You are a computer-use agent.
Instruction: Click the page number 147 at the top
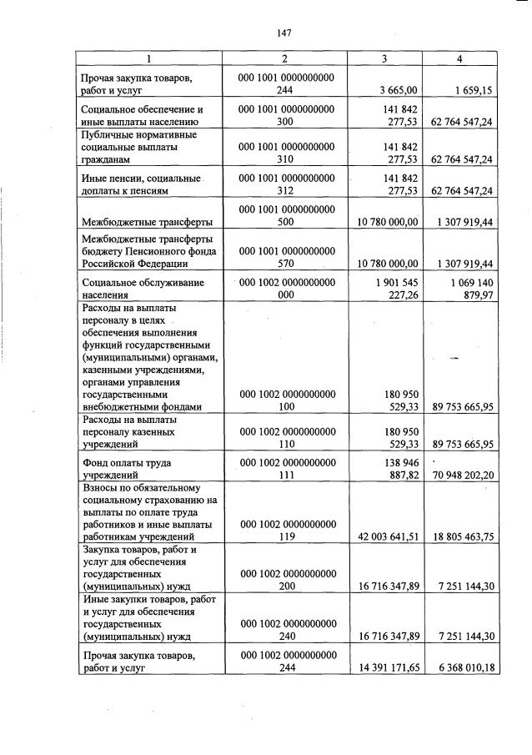coord(284,33)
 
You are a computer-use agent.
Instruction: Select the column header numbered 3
coord(384,58)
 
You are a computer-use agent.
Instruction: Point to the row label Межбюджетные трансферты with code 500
coord(146,221)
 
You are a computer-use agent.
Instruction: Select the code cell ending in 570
coord(286,256)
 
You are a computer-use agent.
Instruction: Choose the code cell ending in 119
coord(286,531)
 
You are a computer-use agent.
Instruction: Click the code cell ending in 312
coord(286,184)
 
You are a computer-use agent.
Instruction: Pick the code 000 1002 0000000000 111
coord(286,467)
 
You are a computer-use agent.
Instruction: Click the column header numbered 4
coord(459,58)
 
